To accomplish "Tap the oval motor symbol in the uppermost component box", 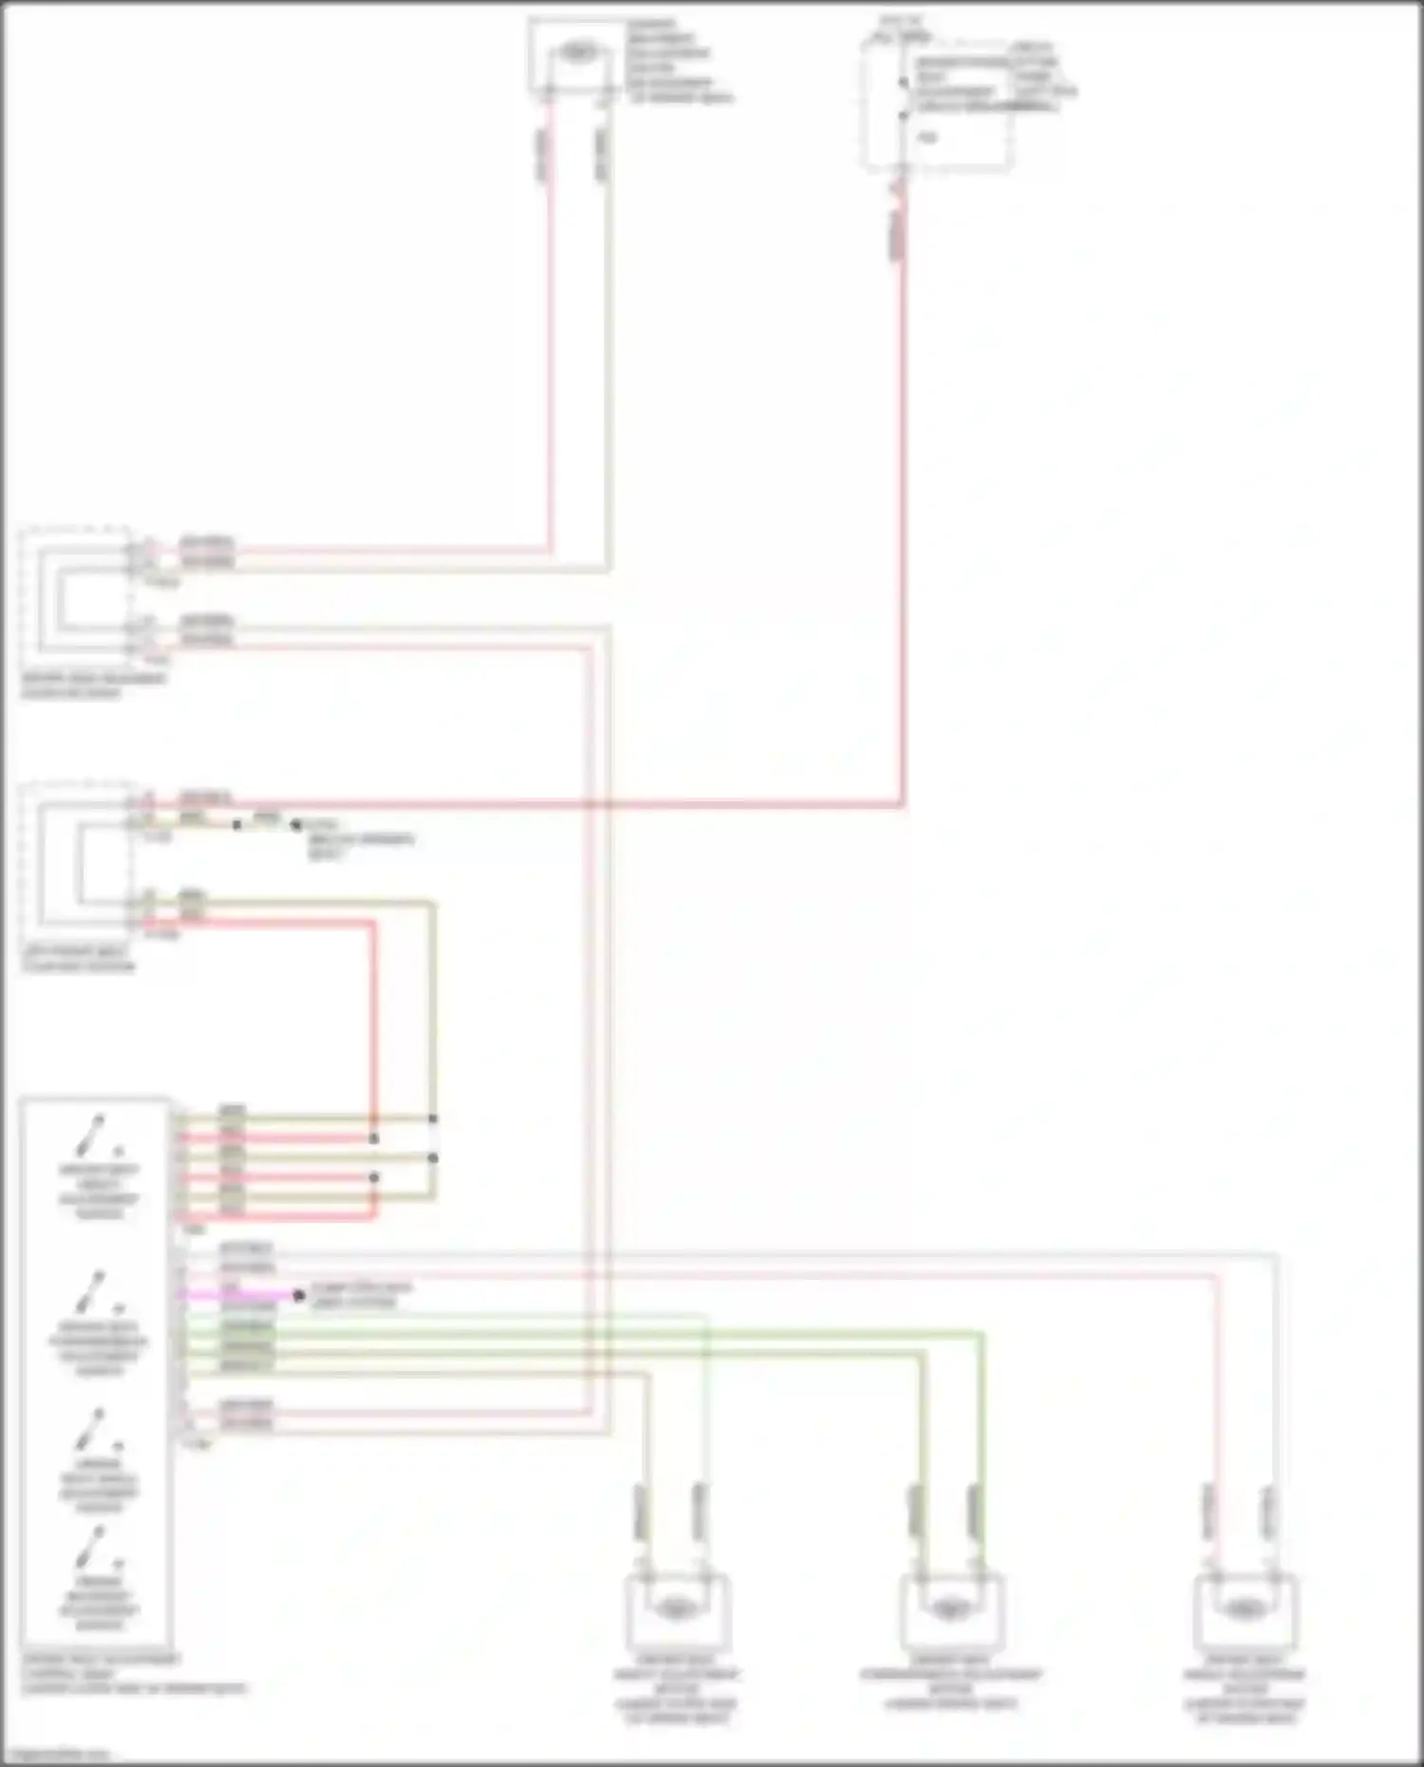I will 576,52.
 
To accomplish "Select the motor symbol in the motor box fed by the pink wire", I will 1244,1608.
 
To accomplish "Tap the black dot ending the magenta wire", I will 299,1295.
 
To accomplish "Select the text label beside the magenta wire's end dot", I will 361,1295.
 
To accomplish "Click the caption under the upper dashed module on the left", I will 93,686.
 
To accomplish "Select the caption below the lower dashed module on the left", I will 79,958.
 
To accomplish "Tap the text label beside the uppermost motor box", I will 676,61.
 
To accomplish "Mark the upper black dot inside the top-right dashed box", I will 904,84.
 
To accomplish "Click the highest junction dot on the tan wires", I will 433,1118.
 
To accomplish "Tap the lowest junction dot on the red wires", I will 374,1177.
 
